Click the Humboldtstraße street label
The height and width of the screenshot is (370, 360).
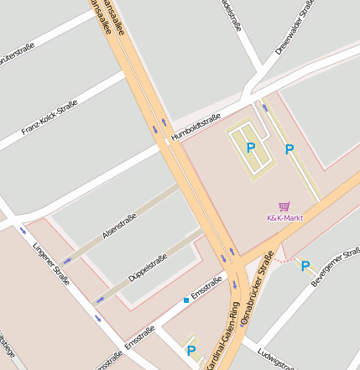(196, 125)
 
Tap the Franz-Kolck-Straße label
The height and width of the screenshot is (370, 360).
(50, 117)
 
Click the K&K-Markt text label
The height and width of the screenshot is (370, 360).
(284, 218)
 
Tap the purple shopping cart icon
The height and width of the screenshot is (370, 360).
(284, 206)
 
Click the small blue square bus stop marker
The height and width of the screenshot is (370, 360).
(185, 300)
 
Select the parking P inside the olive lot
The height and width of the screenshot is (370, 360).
(250, 148)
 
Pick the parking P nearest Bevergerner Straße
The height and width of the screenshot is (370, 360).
(305, 266)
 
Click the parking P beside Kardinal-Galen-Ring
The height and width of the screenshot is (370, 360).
(191, 351)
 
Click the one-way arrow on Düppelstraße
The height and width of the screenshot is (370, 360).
(100, 299)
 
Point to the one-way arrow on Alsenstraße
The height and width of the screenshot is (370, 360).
(66, 261)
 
